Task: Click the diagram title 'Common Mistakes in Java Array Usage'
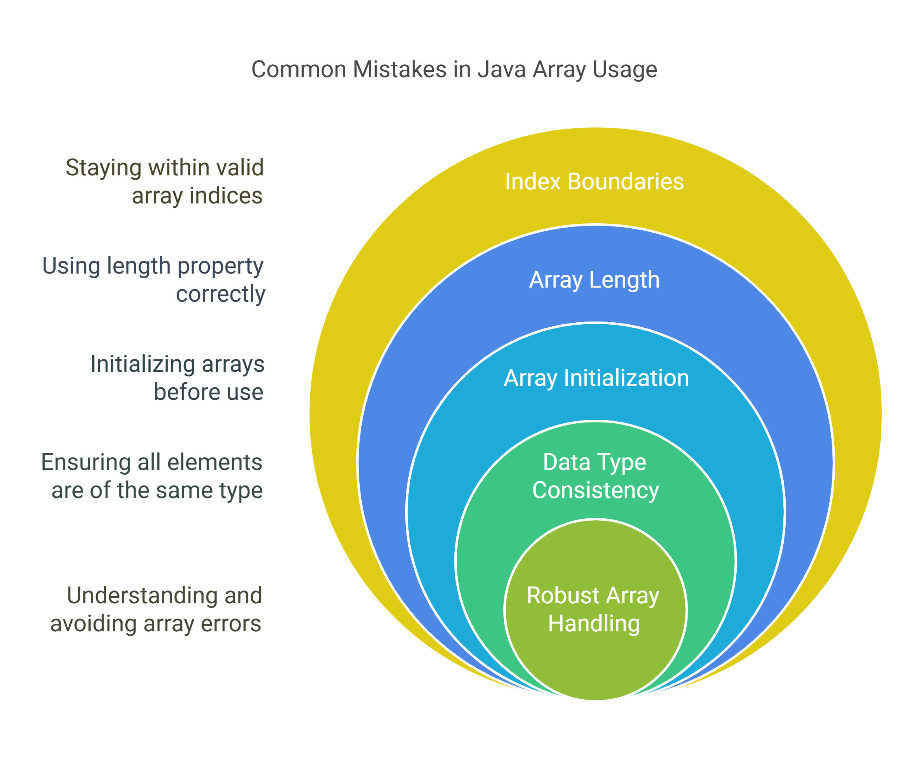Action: coord(454,70)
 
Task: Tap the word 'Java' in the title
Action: coord(502,69)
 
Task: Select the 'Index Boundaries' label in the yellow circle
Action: coord(594,182)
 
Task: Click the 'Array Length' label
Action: coord(594,281)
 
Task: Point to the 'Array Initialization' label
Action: coord(596,378)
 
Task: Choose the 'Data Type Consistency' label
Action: coord(595,477)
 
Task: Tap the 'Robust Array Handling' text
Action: coord(593,610)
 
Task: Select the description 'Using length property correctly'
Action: coord(153,281)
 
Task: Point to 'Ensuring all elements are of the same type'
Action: coord(152,477)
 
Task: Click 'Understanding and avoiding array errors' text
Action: coord(156,610)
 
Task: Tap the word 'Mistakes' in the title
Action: coord(399,69)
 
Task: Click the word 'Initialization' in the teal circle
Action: coord(626,378)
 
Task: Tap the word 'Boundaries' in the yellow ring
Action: coord(626,182)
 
